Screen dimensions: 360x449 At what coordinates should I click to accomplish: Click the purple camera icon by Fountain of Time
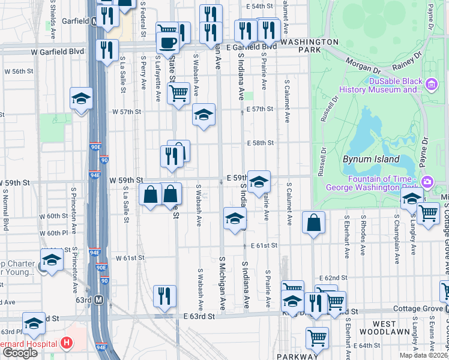click(427, 181)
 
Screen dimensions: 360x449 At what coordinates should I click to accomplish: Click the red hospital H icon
click(67, 343)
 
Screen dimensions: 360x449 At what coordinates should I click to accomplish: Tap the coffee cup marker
click(167, 43)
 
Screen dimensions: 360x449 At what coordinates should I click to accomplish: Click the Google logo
click(19, 352)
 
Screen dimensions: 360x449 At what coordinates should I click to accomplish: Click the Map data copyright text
click(423, 355)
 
